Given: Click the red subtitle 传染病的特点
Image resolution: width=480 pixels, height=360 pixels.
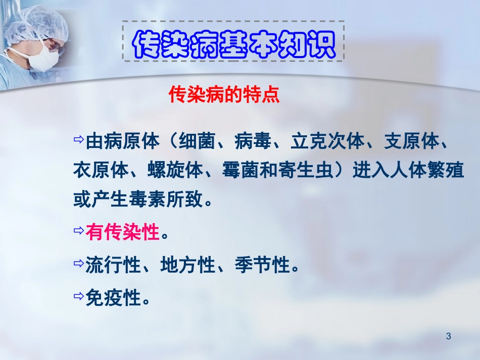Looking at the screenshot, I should (x=224, y=95).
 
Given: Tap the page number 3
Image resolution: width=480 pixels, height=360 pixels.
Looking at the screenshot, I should (x=449, y=336).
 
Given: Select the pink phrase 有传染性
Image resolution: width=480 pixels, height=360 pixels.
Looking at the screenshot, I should (x=123, y=233).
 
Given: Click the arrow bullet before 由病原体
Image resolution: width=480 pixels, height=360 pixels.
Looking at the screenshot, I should (x=78, y=140).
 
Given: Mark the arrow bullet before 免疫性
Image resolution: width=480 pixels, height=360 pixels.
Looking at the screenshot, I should (x=78, y=296).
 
